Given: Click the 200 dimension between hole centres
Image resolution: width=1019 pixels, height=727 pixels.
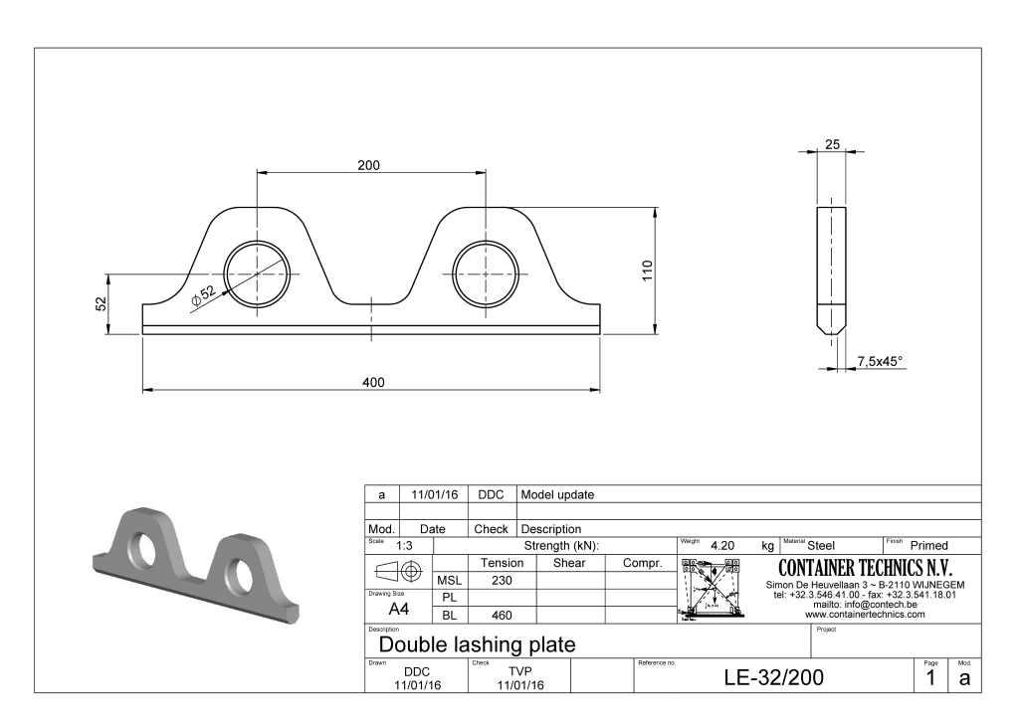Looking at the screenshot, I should pos(369,165).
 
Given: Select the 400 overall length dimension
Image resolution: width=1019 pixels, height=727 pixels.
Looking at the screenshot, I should pos(372,382).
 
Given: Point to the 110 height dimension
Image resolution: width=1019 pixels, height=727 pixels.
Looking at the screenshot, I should pos(648,271).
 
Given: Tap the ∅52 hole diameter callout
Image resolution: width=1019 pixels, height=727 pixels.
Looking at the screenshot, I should pos(203,295).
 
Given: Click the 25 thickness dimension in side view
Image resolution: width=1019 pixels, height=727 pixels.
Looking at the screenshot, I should pos(832,144).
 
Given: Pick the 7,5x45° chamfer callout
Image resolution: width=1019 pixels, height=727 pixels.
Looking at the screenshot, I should pos(880,362).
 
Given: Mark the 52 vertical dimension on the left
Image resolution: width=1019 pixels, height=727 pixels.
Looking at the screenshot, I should pos(102,304).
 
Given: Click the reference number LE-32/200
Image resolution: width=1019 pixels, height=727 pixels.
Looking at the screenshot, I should pos(773,678).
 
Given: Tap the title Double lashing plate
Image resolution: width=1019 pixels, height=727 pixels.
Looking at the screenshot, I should pos(477,644).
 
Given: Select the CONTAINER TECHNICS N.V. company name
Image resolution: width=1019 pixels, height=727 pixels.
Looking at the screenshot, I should pos(865,568).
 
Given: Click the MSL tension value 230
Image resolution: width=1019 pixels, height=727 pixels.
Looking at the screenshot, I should pos(502,580).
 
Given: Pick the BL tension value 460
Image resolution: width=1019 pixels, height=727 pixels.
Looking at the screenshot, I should pos(502,615).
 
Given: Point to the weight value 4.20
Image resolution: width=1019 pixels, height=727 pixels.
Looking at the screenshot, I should pos(722,546).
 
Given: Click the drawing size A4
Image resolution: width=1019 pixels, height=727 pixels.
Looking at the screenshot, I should pos(399,609).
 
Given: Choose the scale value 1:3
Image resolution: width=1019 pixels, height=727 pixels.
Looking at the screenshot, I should pos(406,546).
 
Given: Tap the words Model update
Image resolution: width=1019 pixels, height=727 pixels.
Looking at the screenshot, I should pos(557,494).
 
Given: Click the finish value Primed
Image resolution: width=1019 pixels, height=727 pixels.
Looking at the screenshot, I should pos(928,546).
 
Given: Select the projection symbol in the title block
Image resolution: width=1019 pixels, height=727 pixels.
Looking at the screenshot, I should pos(399,571).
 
